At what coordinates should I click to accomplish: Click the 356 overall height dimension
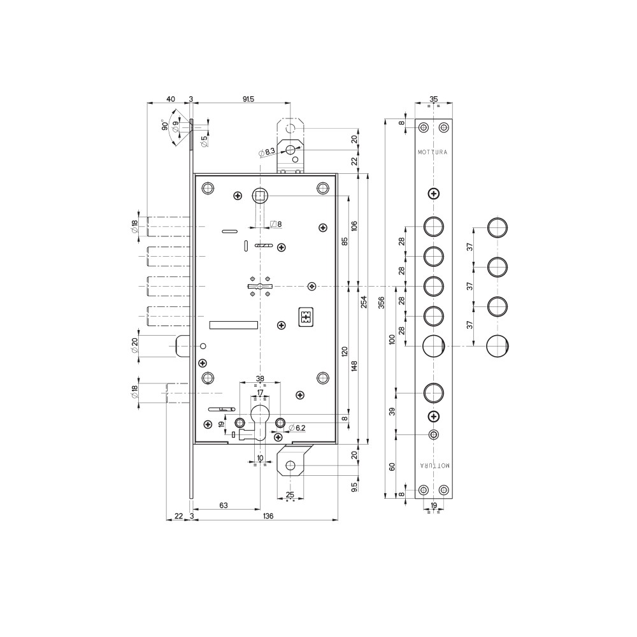click(381, 303)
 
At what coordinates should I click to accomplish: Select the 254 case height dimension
click(364, 301)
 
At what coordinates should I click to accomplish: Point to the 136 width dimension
click(268, 516)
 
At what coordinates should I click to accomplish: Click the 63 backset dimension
click(224, 505)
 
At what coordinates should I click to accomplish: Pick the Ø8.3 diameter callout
click(267, 152)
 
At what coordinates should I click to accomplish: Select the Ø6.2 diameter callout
click(297, 428)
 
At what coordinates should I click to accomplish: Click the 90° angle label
click(165, 125)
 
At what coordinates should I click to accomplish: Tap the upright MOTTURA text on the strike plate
click(433, 152)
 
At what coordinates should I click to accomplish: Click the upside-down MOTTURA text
click(434, 466)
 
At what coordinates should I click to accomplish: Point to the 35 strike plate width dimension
click(433, 99)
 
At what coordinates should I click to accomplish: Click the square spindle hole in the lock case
click(259, 197)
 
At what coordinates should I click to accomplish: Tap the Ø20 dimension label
click(134, 345)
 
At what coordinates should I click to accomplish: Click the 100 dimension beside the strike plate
click(392, 340)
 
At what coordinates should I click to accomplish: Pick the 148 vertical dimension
click(355, 366)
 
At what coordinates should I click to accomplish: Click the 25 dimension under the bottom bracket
click(290, 495)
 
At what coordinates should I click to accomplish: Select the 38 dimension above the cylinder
click(260, 379)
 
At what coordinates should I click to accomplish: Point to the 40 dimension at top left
click(171, 99)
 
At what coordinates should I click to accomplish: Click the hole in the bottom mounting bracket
click(290, 466)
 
